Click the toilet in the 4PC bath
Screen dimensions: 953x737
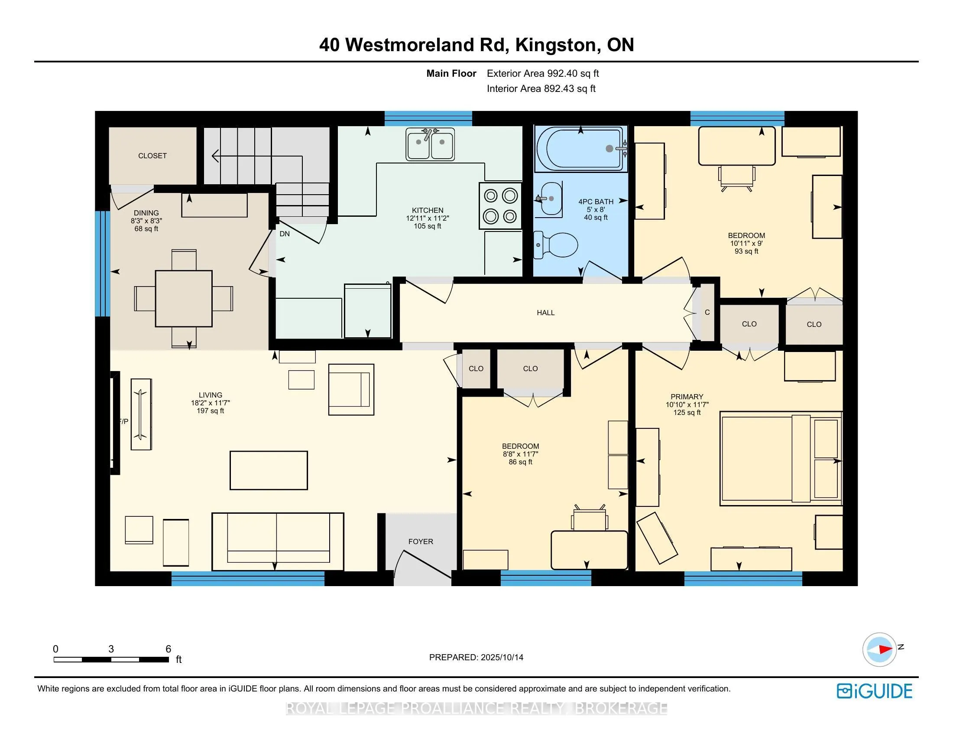tap(556, 245)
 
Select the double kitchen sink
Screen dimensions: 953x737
tap(430, 143)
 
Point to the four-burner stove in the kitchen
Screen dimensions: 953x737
tap(500, 205)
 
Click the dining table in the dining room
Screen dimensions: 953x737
tap(184, 299)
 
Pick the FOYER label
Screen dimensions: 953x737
tap(421, 541)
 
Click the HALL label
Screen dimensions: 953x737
tap(545, 313)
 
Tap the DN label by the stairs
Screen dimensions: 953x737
tap(285, 234)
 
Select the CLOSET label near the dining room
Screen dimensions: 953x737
tap(152, 156)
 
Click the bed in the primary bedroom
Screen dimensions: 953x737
tap(781, 458)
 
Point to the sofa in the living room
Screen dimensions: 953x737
tap(278, 542)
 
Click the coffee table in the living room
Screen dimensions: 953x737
tap(269, 470)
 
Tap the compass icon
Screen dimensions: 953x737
tap(879, 649)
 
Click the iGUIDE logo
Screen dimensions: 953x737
tap(875, 691)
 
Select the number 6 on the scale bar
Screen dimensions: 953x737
tap(168, 649)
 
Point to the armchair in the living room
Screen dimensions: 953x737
tap(351, 389)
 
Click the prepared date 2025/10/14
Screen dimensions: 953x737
tap(502, 657)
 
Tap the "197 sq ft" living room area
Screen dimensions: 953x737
tap(211, 411)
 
